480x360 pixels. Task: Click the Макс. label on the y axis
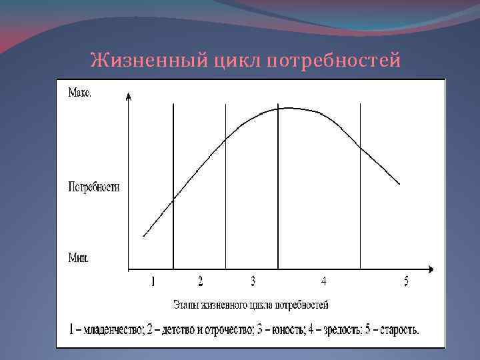pos(80,94)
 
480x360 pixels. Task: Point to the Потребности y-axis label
pos(94,187)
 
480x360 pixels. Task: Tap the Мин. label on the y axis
pos(79,256)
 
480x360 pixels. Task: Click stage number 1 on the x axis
pos(153,282)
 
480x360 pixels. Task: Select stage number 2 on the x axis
pos(200,282)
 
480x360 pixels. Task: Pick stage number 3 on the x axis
pos(253,282)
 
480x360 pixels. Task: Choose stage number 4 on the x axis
pos(323,282)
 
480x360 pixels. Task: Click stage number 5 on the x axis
pos(405,282)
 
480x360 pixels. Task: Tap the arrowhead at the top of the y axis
pos(129,96)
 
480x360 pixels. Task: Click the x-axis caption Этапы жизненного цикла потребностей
pos(251,305)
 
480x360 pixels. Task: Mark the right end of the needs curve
pos(399,184)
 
